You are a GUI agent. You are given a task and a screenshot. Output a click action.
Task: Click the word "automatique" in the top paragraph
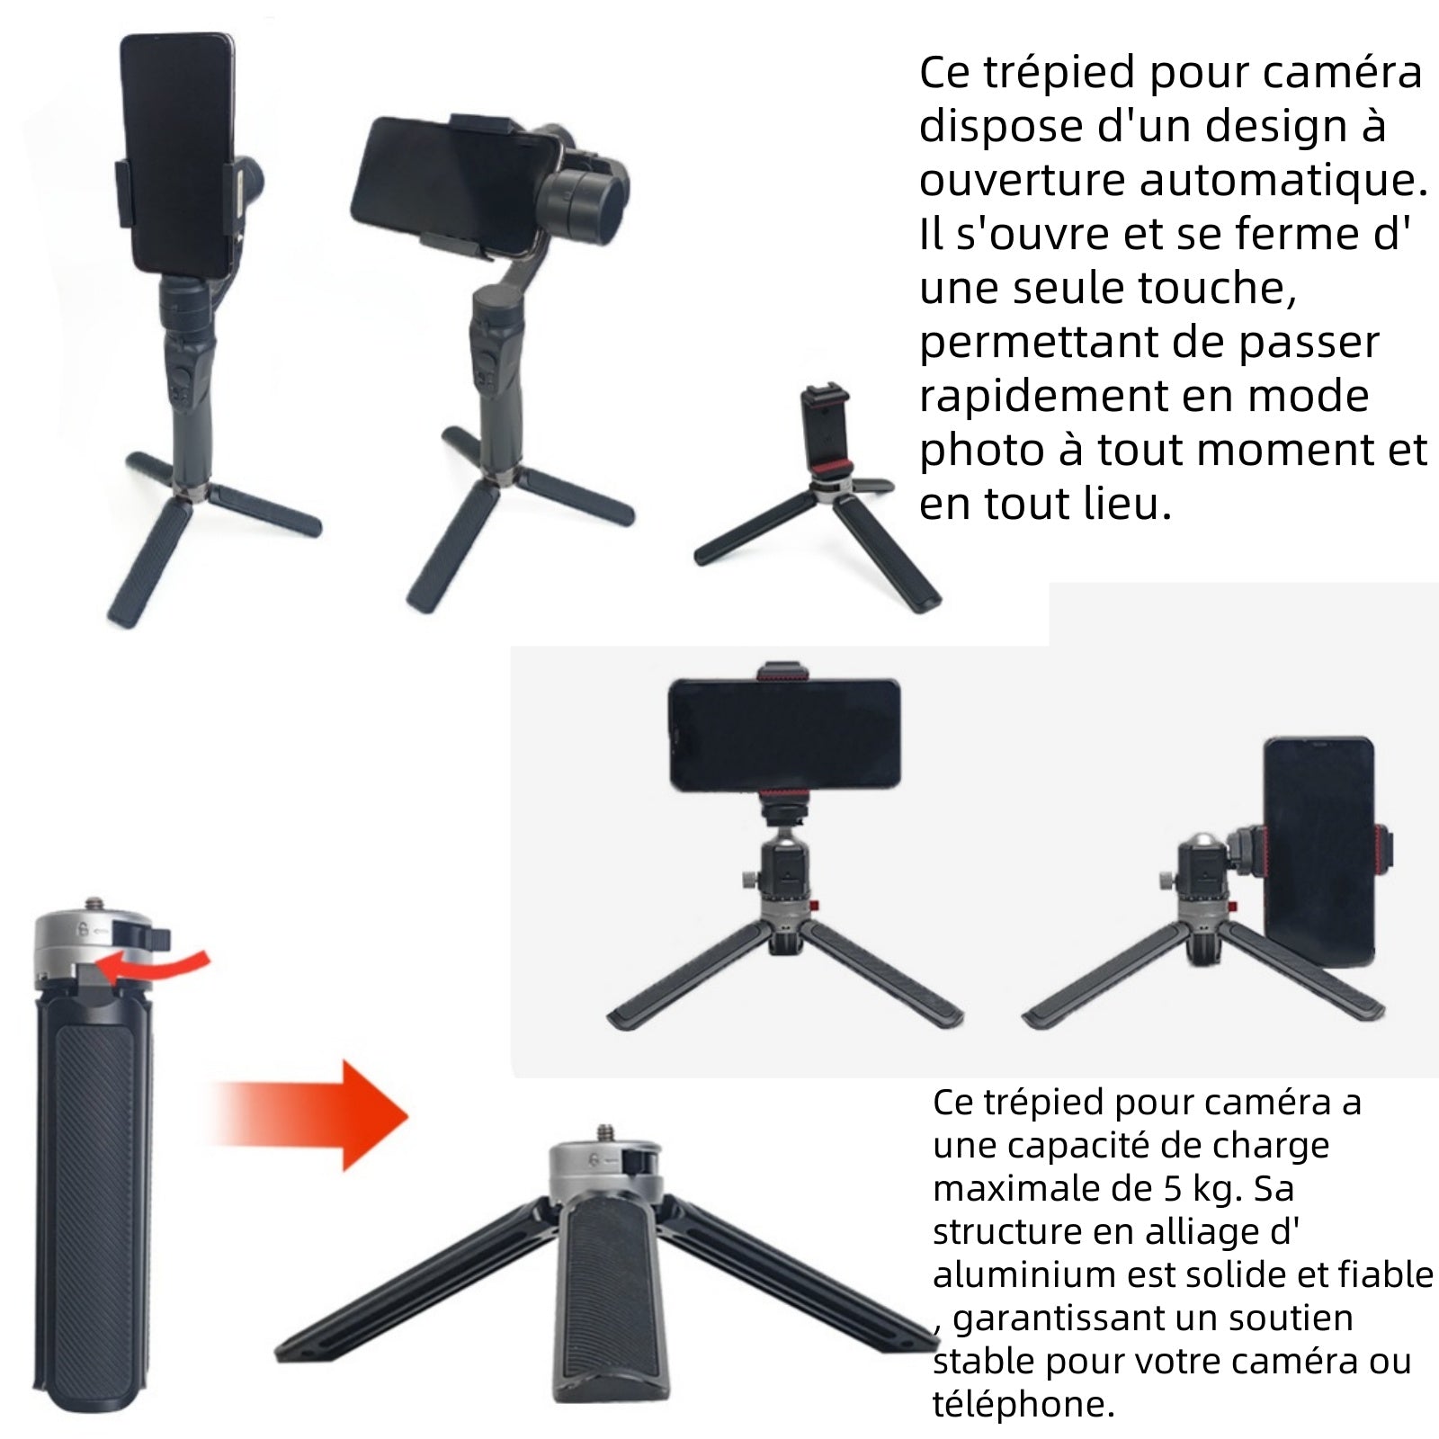point(1283,180)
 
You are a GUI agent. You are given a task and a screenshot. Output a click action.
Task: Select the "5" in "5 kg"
point(1172,1189)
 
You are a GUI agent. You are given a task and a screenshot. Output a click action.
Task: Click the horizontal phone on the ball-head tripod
point(784,735)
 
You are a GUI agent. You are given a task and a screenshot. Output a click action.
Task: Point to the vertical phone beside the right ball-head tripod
point(1319,850)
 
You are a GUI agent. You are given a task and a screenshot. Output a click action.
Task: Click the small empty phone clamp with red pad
point(825,436)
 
